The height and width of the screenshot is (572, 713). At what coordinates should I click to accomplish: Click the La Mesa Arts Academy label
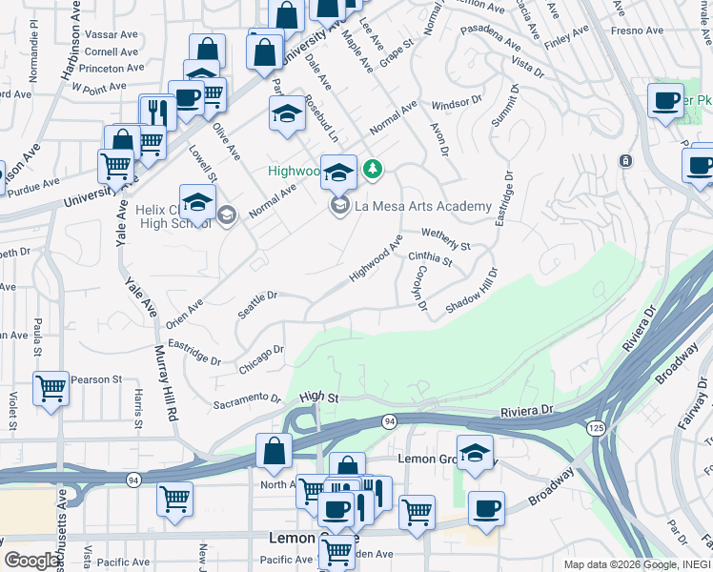[x=423, y=206]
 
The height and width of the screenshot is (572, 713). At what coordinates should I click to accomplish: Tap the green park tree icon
[x=373, y=170]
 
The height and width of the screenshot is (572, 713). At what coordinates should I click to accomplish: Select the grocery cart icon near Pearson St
[x=51, y=388]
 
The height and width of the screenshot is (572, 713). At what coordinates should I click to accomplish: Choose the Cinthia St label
[x=429, y=257]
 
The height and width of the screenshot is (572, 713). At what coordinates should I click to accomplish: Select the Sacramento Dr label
[x=247, y=401]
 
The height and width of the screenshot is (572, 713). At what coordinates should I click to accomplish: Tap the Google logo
[x=31, y=561]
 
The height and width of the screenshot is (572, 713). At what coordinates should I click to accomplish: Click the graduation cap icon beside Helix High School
[x=197, y=203]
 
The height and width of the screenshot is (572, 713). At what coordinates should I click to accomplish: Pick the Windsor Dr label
[x=457, y=102]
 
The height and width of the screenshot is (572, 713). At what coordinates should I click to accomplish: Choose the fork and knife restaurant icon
[x=158, y=112]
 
